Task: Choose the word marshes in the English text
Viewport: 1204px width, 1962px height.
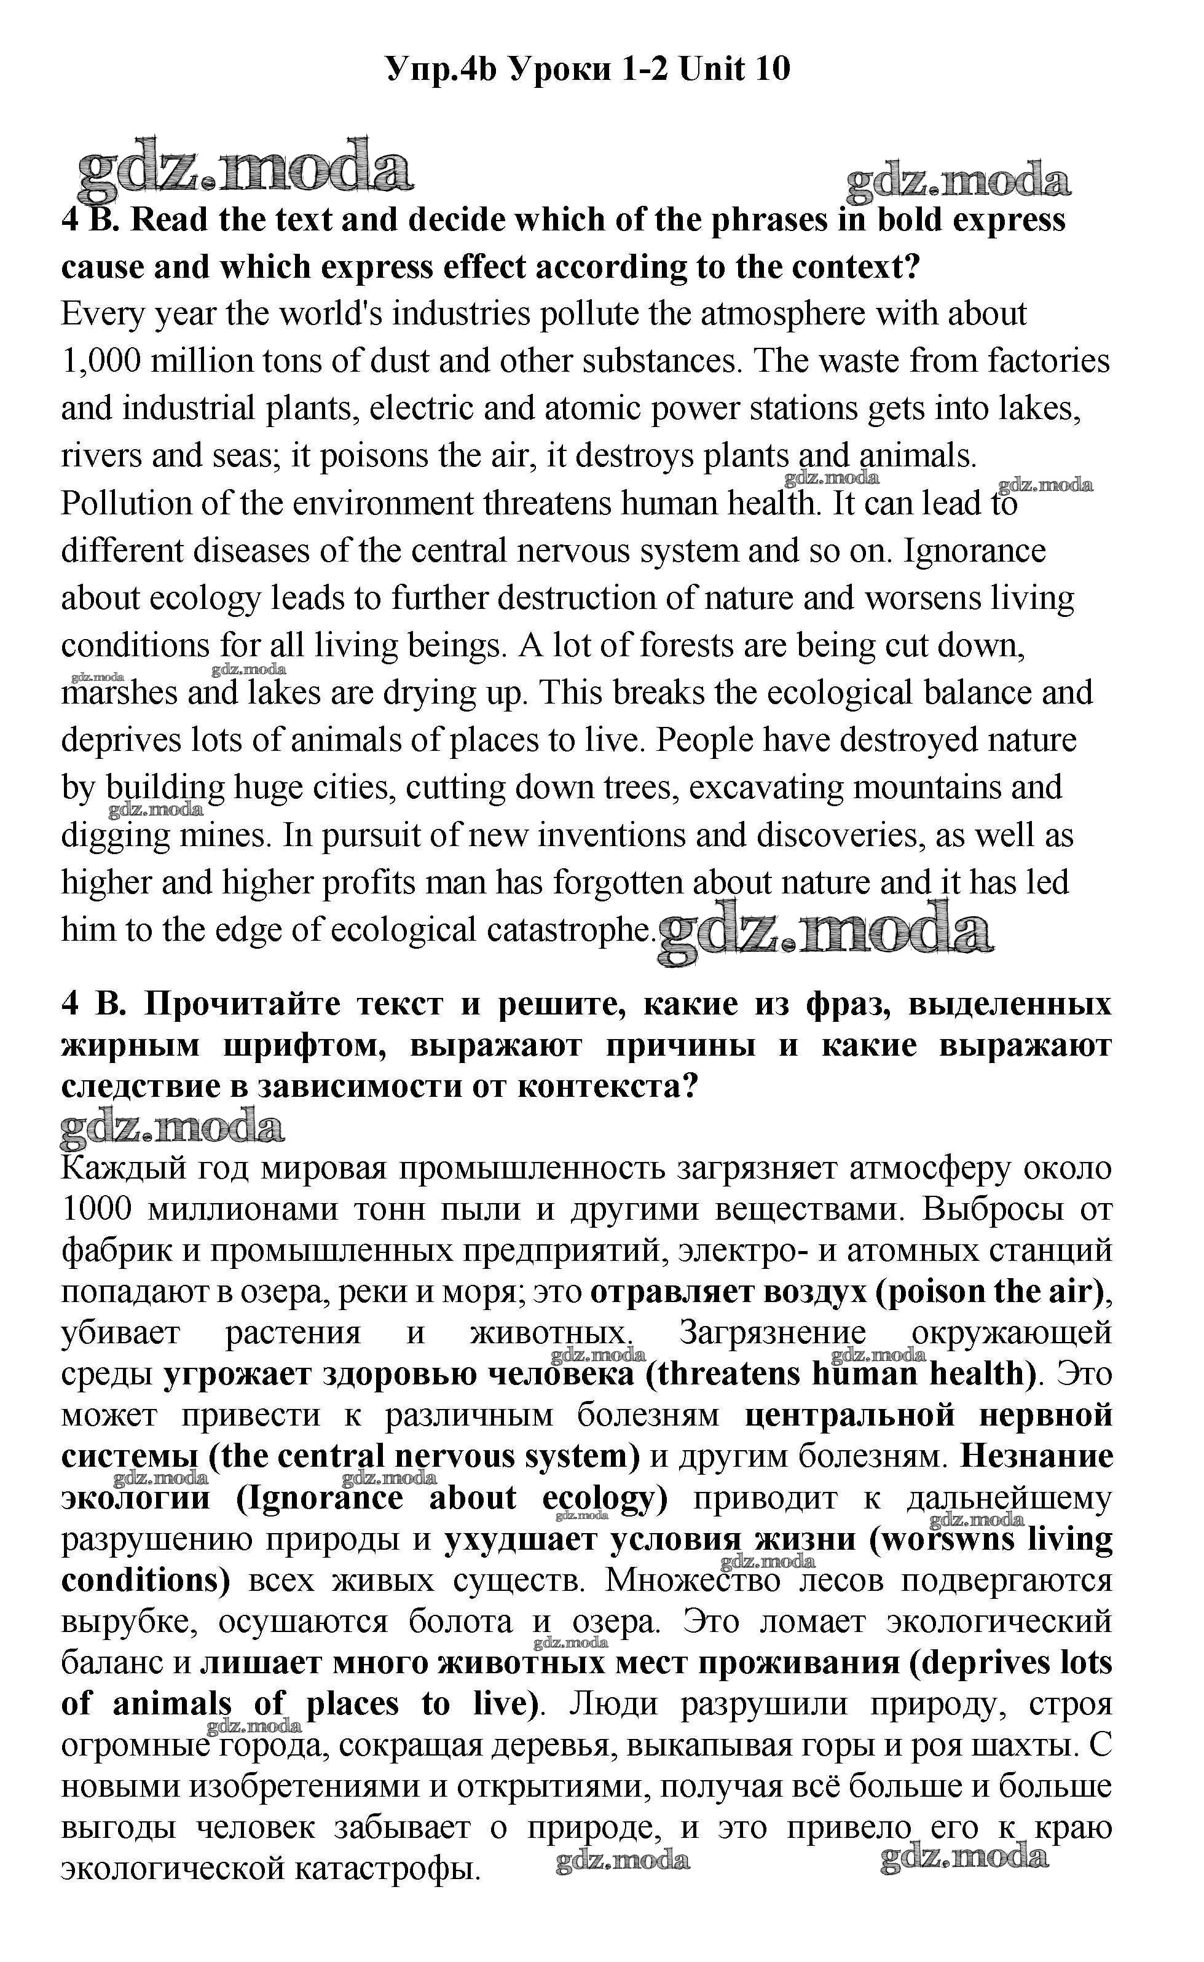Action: [x=119, y=693]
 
